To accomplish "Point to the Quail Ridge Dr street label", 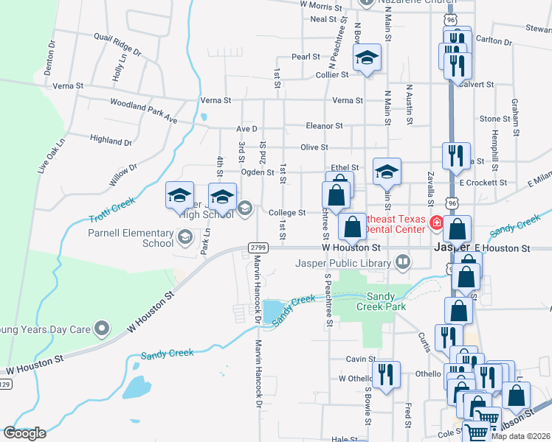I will (112, 45).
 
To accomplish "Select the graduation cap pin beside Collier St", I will (367, 59).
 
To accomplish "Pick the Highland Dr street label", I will (110, 140).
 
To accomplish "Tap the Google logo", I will (24, 433).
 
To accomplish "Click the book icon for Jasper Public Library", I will (403, 261).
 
